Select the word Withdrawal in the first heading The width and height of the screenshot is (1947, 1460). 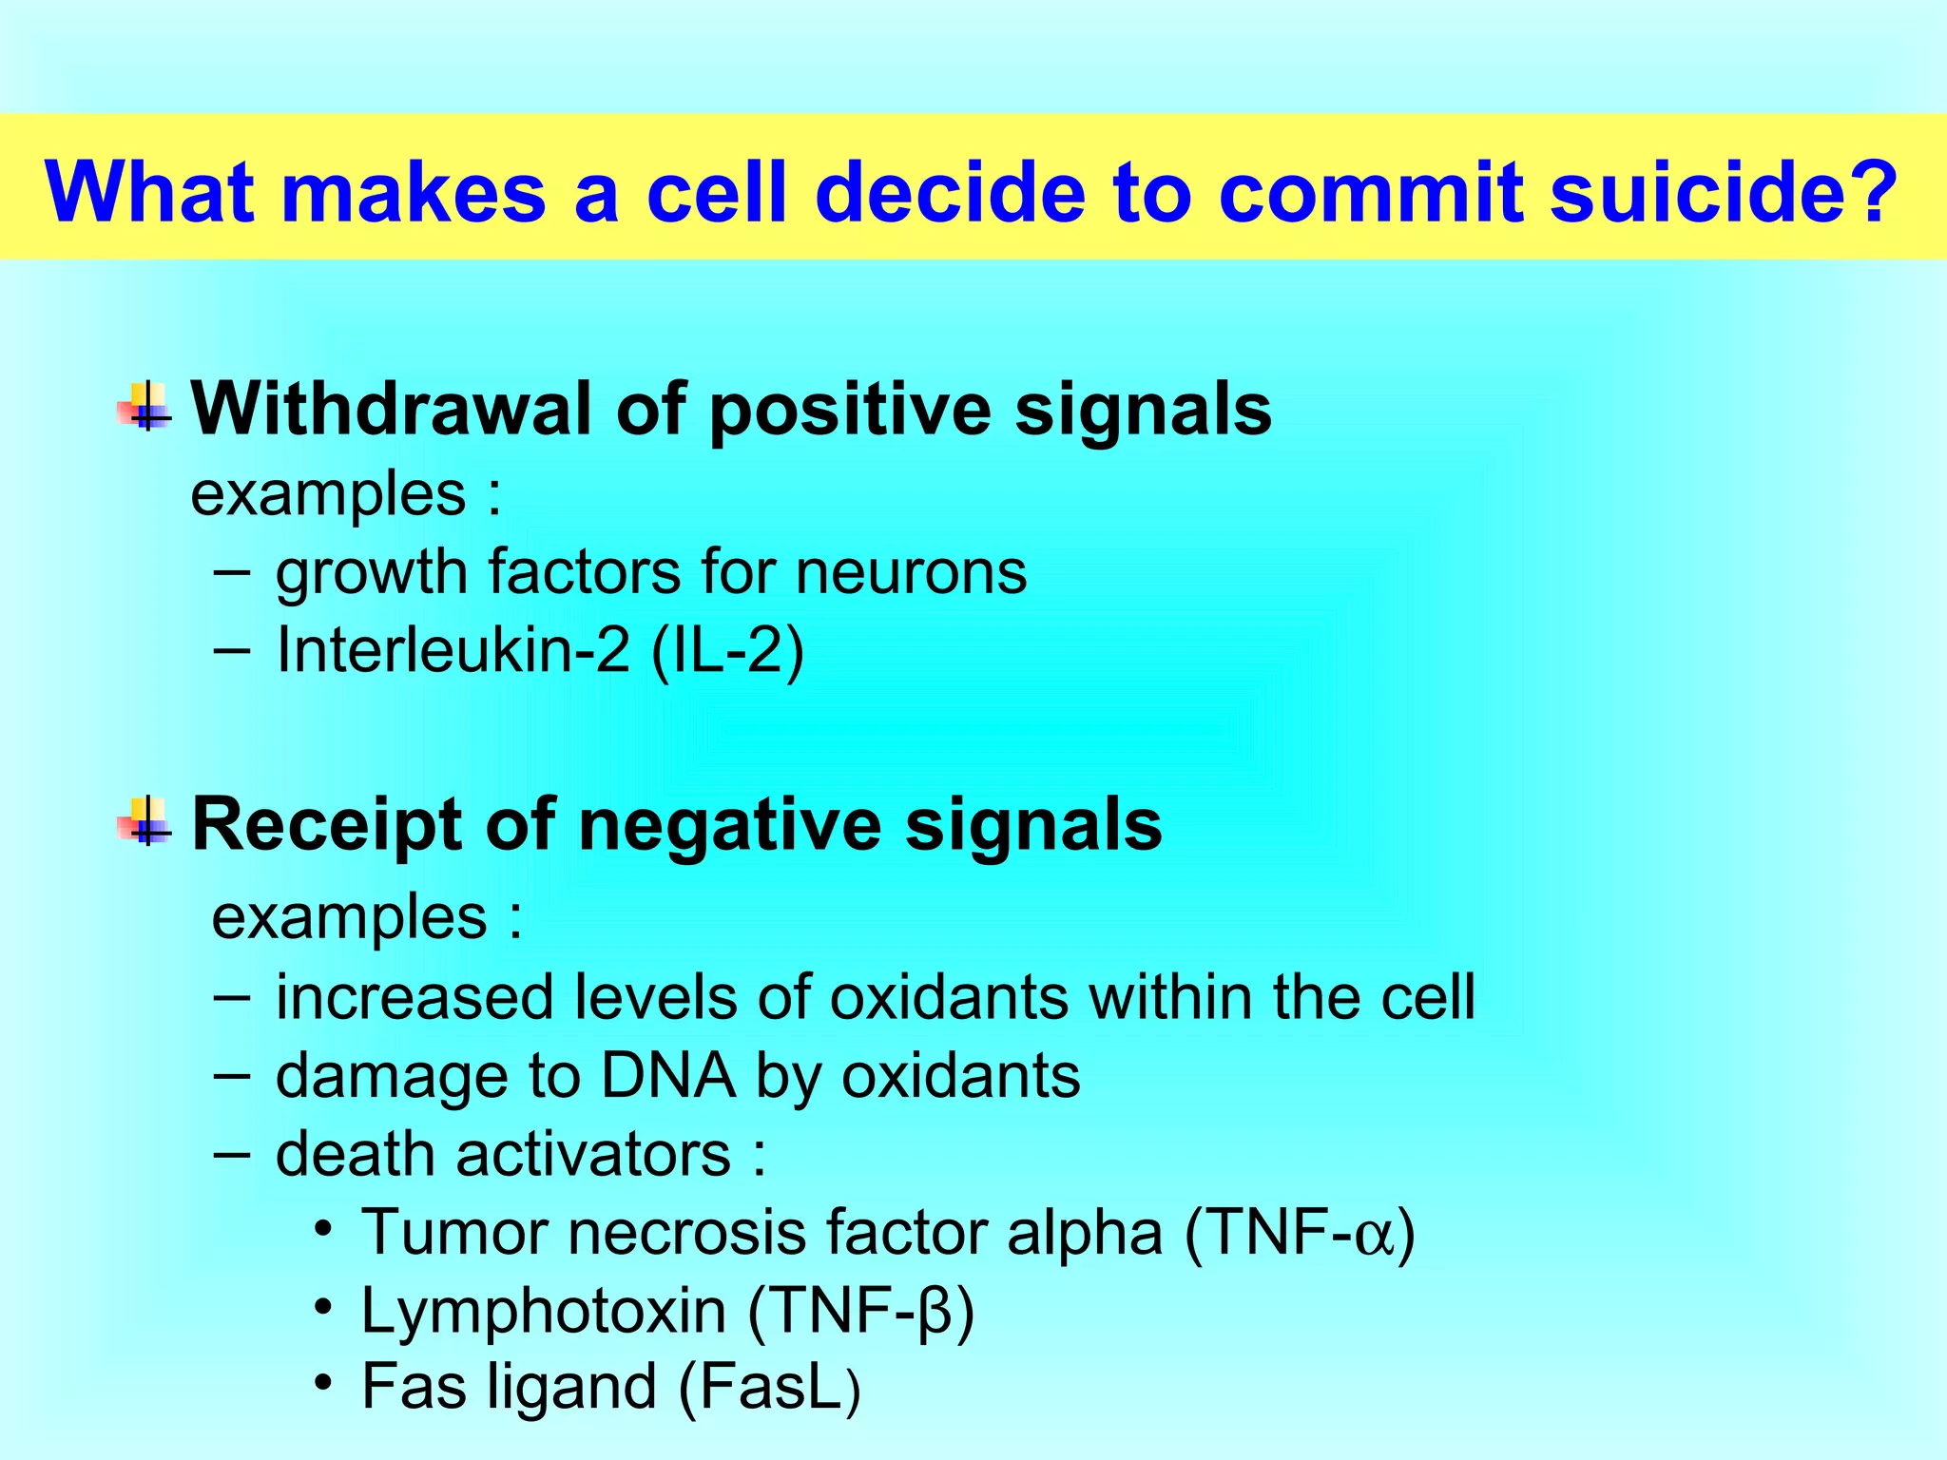click(x=393, y=410)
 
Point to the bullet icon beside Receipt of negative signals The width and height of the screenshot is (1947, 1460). click(x=145, y=822)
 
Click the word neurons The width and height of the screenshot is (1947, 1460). click(x=911, y=573)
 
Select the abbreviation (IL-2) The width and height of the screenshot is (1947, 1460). click(x=728, y=653)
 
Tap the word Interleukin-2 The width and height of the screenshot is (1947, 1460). click(x=453, y=652)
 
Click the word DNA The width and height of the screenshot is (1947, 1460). click(x=667, y=1077)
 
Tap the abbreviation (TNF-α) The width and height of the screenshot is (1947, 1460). click(x=1301, y=1234)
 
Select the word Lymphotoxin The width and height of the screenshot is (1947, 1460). click(x=543, y=1312)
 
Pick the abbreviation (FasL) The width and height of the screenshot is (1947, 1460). click(x=770, y=1388)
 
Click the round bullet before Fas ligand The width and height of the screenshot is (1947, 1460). click(x=323, y=1382)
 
